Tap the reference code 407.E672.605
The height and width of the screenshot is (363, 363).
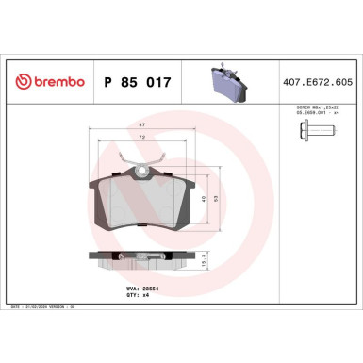tap(319, 83)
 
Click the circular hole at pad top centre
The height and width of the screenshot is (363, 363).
tap(141, 172)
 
